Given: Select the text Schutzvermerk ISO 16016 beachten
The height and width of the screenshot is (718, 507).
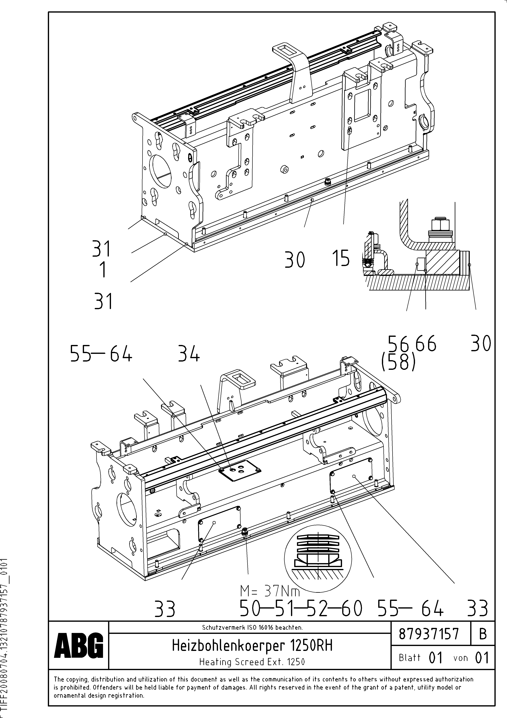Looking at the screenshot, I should (252, 627).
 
